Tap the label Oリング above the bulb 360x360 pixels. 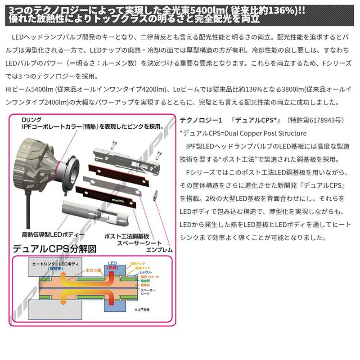coord(32,120)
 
